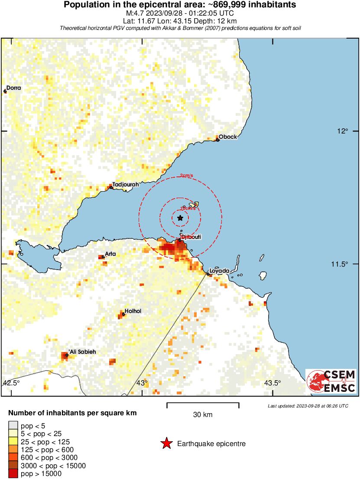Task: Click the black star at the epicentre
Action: click(180, 218)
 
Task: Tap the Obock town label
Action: click(228, 137)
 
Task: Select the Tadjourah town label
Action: click(126, 184)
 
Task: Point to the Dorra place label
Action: click(13, 88)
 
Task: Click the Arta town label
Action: click(111, 254)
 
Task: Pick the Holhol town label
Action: click(133, 311)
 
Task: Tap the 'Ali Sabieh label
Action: click(82, 352)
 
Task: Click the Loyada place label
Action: click(219, 271)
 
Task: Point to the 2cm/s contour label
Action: click(187, 176)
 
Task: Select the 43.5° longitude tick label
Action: click(272, 383)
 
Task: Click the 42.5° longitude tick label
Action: click(11, 383)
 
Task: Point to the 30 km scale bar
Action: click(203, 405)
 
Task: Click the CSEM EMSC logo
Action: click(331, 381)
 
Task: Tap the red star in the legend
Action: click(165, 443)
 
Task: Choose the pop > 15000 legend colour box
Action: click(13, 474)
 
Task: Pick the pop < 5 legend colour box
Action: click(13, 426)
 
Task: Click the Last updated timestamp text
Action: click(308, 406)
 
